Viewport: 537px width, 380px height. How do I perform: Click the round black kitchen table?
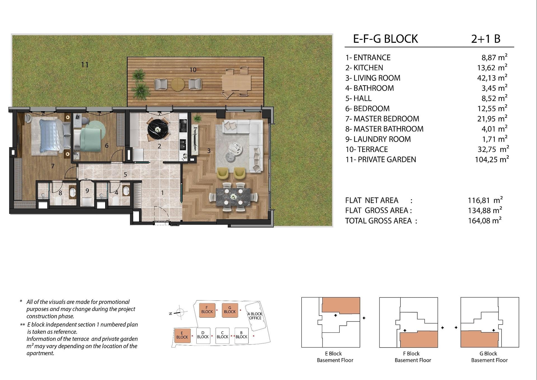[x=158, y=129]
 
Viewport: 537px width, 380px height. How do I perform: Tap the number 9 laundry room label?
[x=87, y=191]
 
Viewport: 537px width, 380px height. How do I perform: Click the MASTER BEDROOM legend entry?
[x=382, y=119]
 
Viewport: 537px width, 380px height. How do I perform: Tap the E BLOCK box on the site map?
[x=182, y=335]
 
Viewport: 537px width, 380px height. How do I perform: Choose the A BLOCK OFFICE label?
[x=255, y=316]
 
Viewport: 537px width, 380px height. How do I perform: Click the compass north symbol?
[x=180, y=313]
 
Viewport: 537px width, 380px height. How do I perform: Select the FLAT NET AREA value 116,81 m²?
[x=485, y=200]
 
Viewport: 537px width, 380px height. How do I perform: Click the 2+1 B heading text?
[x=486, y=39]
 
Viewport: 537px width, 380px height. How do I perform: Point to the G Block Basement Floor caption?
[x=489, y=357]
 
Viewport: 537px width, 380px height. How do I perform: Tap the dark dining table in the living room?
[x=233, y=197]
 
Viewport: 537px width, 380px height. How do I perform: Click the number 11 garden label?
[x=85, y=65]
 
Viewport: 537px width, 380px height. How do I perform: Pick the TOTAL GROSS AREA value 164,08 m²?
[x=485, y=221]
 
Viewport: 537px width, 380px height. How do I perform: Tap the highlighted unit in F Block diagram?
[x=419, y=339]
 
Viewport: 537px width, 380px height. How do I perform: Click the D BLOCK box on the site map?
[x=203, y=335]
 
